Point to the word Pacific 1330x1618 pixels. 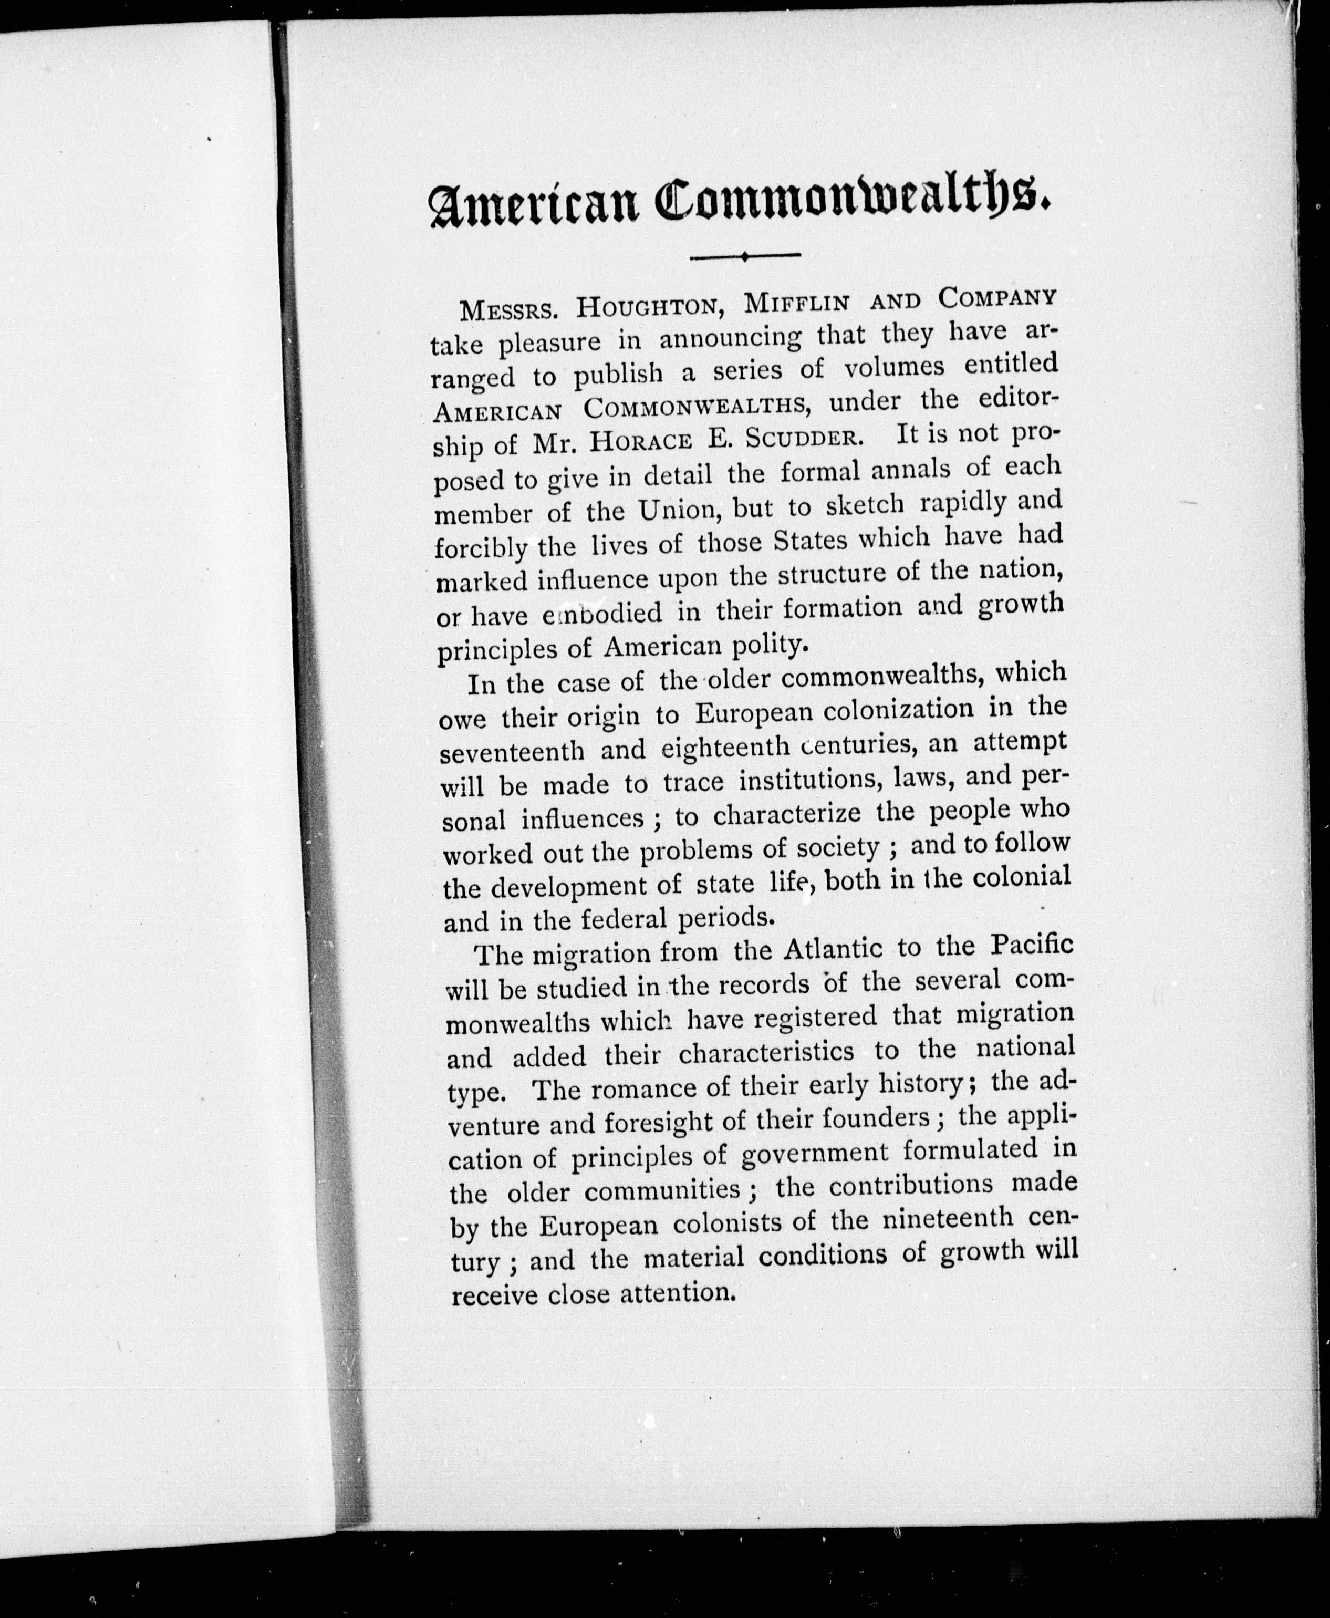tap(1031, 945)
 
